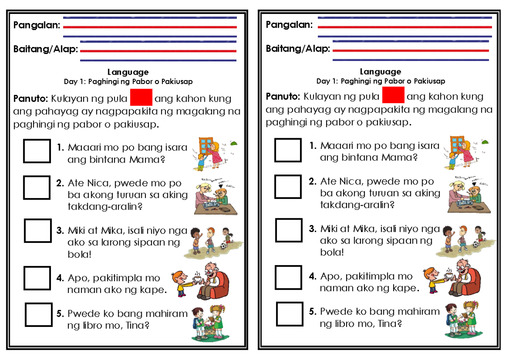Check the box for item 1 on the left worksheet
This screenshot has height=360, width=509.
tap(37, 151)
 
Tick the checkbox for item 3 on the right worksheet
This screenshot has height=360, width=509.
tap(289, 230)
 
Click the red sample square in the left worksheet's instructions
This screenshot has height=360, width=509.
tap(141, 98)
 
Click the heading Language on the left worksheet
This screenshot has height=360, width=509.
tap(128, 73)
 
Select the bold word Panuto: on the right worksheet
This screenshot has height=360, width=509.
tap(283, 96)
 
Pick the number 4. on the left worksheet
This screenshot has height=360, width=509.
tap(60, 278)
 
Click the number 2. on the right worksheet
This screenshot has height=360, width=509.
tap(313, 181)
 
